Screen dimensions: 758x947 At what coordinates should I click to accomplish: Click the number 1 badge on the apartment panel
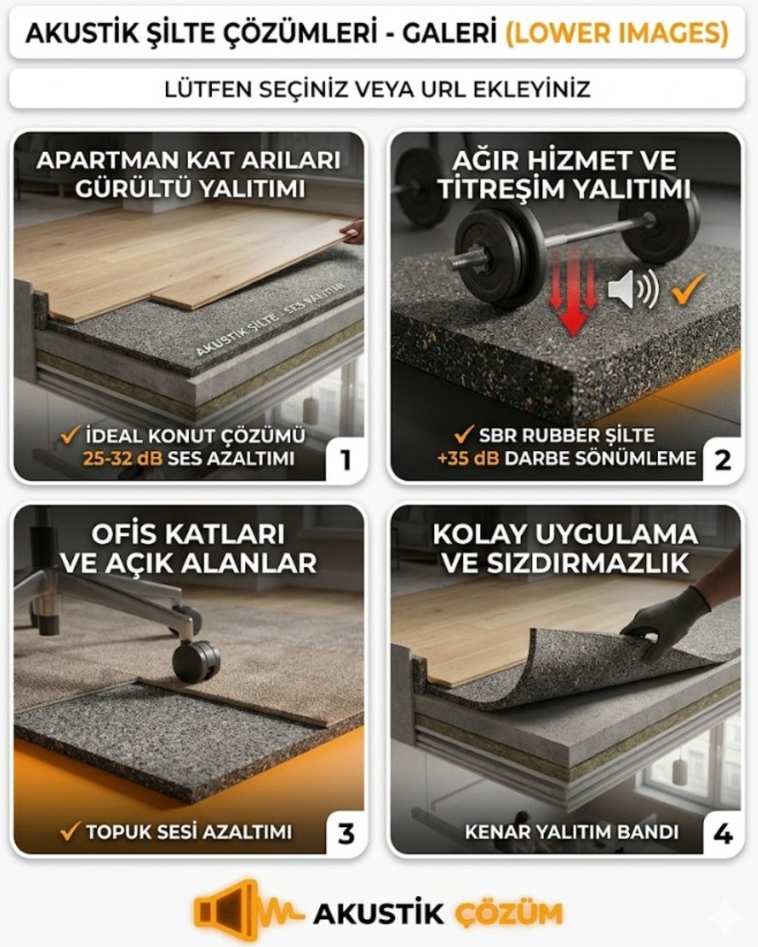346,460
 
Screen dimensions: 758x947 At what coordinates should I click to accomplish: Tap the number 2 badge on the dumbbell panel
723,460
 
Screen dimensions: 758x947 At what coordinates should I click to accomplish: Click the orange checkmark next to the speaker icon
688,289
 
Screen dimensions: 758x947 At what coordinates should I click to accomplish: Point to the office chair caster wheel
196,662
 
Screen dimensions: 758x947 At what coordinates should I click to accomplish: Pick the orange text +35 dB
468,458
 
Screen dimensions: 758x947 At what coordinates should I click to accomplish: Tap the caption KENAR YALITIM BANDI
572,832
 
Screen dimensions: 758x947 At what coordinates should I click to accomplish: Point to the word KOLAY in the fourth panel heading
479,534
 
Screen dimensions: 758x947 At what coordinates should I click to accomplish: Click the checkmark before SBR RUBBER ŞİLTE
464,435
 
